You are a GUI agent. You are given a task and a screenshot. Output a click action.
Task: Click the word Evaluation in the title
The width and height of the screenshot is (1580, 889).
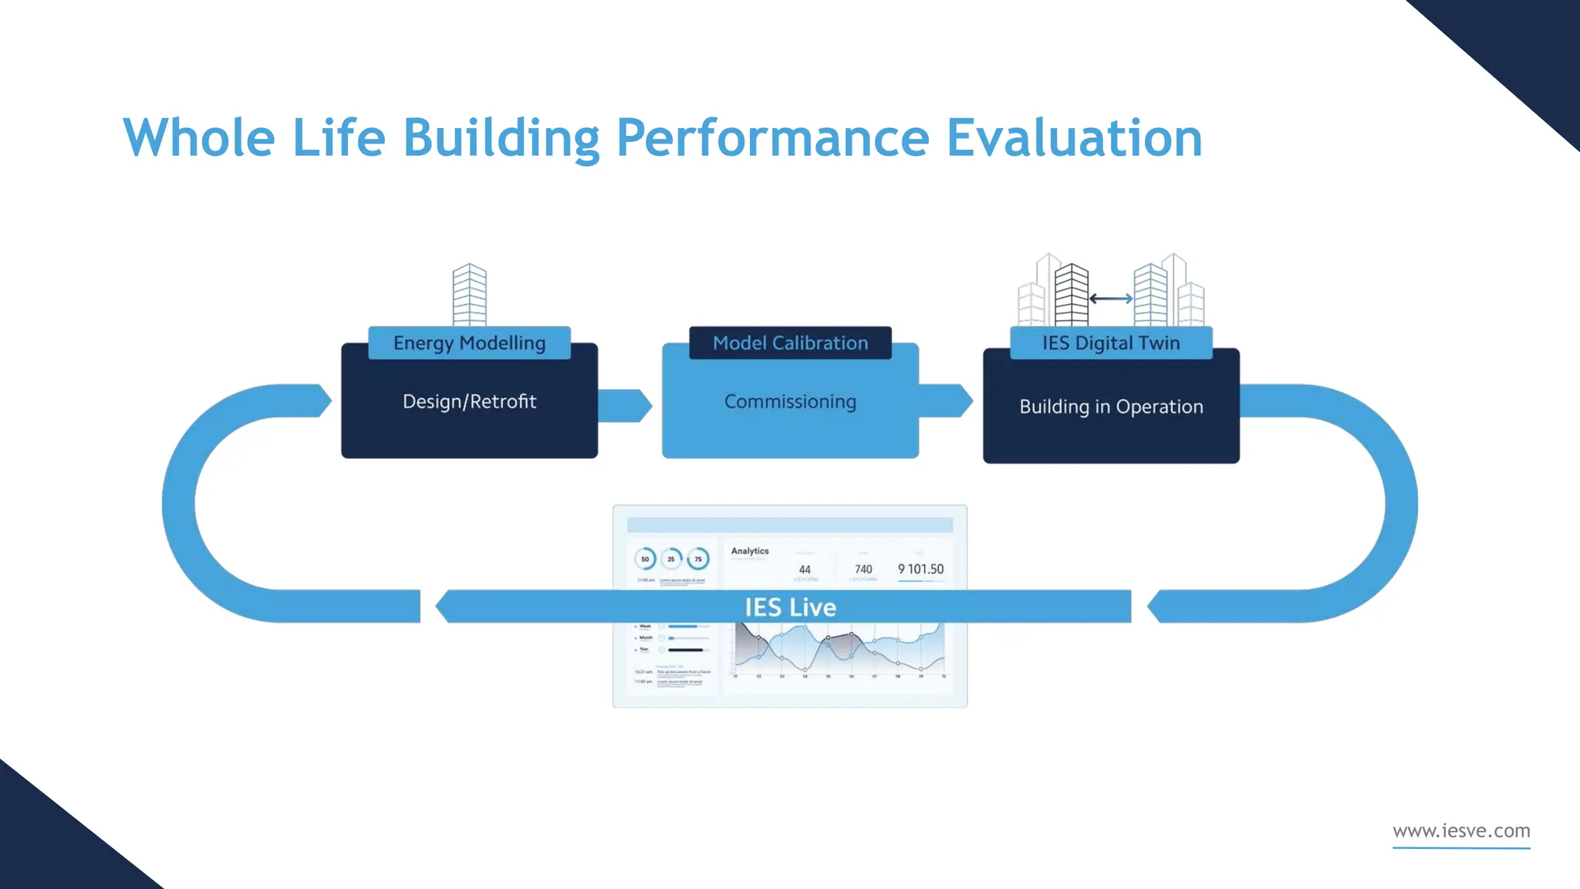coord(1074,138)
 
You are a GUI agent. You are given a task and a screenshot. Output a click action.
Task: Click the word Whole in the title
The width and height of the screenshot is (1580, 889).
coord(199,138)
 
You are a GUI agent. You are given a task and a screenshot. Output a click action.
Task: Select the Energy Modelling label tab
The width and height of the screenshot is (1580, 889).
coord(469,343)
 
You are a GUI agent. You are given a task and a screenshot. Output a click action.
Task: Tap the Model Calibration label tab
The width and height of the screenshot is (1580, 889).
coord(790,343)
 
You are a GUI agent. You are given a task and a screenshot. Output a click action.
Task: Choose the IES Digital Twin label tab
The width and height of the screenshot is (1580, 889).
coord(1111,343)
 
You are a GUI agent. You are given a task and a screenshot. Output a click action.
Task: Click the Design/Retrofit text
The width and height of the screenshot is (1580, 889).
coord(469,401)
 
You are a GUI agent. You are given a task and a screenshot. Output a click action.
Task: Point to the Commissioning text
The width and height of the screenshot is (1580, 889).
coord(790,401)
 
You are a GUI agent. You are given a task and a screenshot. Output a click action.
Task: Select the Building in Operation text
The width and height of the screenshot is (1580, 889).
coord(1111,407)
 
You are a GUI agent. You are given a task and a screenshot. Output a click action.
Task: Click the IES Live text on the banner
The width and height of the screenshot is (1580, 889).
coord(790,607)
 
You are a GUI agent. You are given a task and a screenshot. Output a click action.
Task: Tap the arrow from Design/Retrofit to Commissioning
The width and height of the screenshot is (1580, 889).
coord(625,405)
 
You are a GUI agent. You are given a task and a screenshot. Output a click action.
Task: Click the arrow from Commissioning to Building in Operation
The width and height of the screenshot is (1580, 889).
coord(946,401)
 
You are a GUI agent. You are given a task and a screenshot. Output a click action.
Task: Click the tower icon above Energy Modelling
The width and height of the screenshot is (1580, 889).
coord(469,295)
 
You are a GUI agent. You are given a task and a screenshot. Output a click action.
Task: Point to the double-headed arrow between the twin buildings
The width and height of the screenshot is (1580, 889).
coord(1111,299)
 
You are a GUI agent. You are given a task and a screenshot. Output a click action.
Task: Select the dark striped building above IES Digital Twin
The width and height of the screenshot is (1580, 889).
coord(1071,295)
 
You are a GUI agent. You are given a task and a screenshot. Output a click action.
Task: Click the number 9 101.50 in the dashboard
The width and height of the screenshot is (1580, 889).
coord(920,570)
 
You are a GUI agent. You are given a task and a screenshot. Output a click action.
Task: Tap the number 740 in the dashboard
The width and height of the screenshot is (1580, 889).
coord(863,570)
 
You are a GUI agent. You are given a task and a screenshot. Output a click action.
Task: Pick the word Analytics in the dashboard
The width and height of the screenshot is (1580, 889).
coord(750,551)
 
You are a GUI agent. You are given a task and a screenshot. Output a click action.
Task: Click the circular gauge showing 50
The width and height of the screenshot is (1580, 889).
coord(645,559)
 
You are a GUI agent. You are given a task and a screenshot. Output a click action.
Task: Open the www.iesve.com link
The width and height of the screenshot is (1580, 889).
coord(1461,831)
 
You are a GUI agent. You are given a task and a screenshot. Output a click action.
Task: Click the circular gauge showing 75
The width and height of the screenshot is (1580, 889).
coord(698,559)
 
